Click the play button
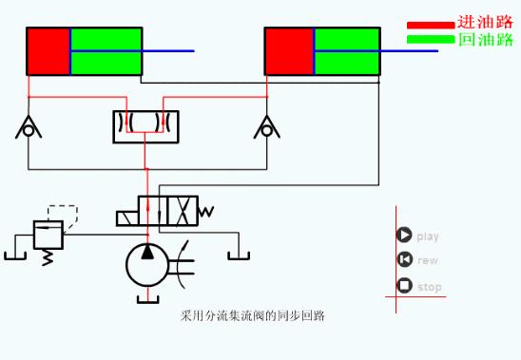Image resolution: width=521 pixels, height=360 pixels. (x=404, y=236)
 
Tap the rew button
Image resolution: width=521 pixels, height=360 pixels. (x=404, y=260)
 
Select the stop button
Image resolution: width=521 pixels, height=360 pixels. (x=404, y=286)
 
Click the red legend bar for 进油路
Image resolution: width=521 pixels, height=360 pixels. (x=431, y=26)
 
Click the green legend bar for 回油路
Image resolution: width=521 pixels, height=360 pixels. (x=431, y=39)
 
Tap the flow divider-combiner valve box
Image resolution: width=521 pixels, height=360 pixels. (x=145, y=127)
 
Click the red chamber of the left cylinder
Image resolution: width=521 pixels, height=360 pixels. (x=48, y=51)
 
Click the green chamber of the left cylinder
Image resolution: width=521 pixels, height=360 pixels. (x=106, y=51)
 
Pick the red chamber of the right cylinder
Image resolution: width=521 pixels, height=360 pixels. (x=288, y=51)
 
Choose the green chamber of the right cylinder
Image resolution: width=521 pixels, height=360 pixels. (x=346, y=51)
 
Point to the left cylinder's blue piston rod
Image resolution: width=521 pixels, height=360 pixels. (x=168, y=51)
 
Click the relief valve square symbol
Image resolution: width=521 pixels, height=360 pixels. (x=47, y=234)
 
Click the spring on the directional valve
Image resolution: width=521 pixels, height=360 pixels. (x=206, y=211)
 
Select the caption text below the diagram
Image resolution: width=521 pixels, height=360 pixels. (x=252, y=314)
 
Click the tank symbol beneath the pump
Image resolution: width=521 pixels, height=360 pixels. (x=147, y=300)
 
